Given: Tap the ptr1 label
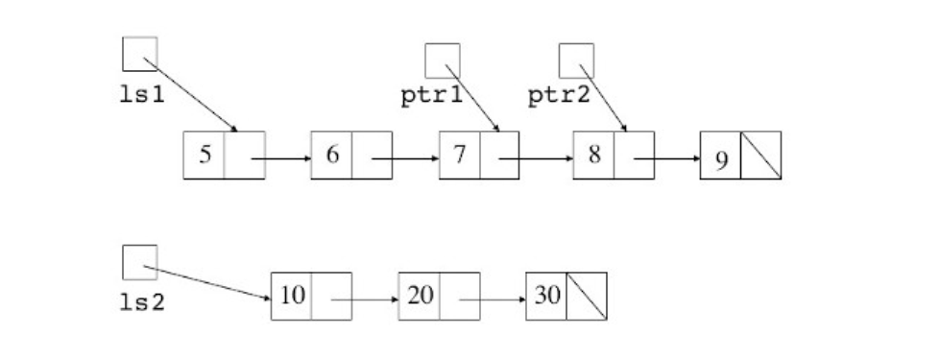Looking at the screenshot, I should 431,95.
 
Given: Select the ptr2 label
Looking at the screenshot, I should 561,95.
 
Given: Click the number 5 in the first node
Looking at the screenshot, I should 205,155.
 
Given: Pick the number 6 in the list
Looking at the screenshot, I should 332,155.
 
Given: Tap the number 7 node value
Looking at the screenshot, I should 460,155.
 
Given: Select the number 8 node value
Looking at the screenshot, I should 594,155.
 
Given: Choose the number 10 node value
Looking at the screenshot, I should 293,296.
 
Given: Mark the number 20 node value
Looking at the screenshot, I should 420,296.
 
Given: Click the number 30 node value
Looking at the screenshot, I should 548,296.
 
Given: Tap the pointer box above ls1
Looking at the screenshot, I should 140,54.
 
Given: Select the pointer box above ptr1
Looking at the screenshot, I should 442,60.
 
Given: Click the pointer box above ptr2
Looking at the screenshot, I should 577,60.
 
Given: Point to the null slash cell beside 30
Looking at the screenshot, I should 587,296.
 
